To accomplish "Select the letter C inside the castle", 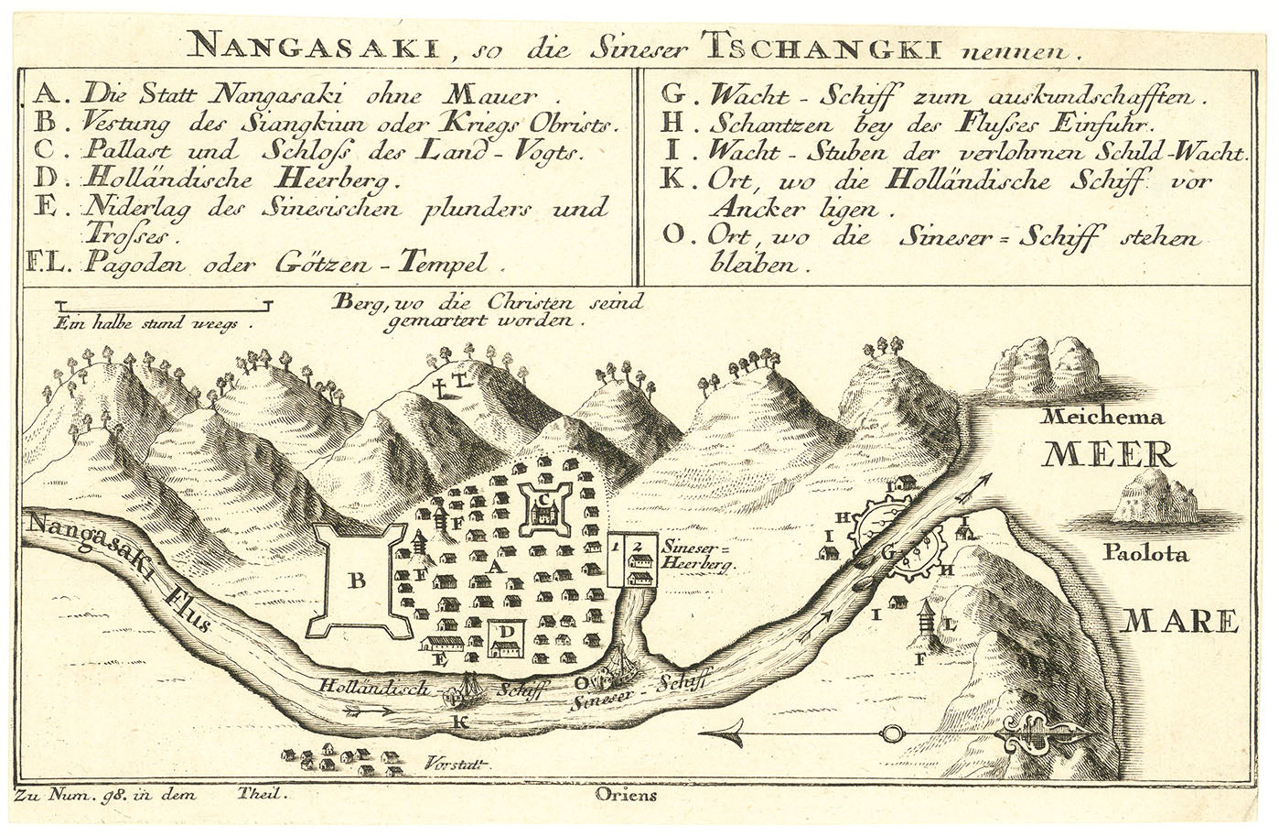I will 543,500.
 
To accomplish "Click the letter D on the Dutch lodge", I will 504,632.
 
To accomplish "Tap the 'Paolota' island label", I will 1144,554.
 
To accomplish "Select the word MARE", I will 1179,623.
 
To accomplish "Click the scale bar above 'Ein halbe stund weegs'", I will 162,303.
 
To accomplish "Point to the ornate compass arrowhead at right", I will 1043,733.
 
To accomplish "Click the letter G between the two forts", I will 886,551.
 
